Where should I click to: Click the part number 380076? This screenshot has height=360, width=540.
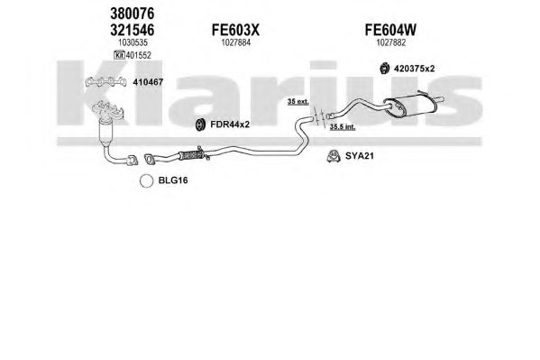(133, 14)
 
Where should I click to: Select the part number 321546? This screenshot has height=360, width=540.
(133, 30)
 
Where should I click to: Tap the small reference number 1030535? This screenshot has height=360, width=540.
(133, 42)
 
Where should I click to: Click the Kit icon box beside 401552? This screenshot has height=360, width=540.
(119, 55)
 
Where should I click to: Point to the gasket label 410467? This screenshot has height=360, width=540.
(148, 82)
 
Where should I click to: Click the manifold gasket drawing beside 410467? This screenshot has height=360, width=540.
(105, 82)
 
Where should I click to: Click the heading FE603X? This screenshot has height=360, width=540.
(235, 30)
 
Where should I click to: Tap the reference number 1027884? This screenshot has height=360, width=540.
(235, 42)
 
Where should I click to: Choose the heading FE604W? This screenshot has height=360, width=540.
(390, 30)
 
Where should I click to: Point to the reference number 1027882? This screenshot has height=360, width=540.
(391, 42)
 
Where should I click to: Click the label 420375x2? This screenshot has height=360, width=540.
(415, 69)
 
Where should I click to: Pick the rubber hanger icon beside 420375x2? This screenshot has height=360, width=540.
(384, 69)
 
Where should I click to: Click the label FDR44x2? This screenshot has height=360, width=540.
(230, 125)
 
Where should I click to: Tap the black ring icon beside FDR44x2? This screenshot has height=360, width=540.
(200, 125)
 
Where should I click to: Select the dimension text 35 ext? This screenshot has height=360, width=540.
(298, 102)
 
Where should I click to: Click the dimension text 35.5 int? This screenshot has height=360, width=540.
(343, 127)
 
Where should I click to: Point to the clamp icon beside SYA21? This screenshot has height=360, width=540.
(334, 156)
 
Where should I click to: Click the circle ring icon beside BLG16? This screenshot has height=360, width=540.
(146, 180)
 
